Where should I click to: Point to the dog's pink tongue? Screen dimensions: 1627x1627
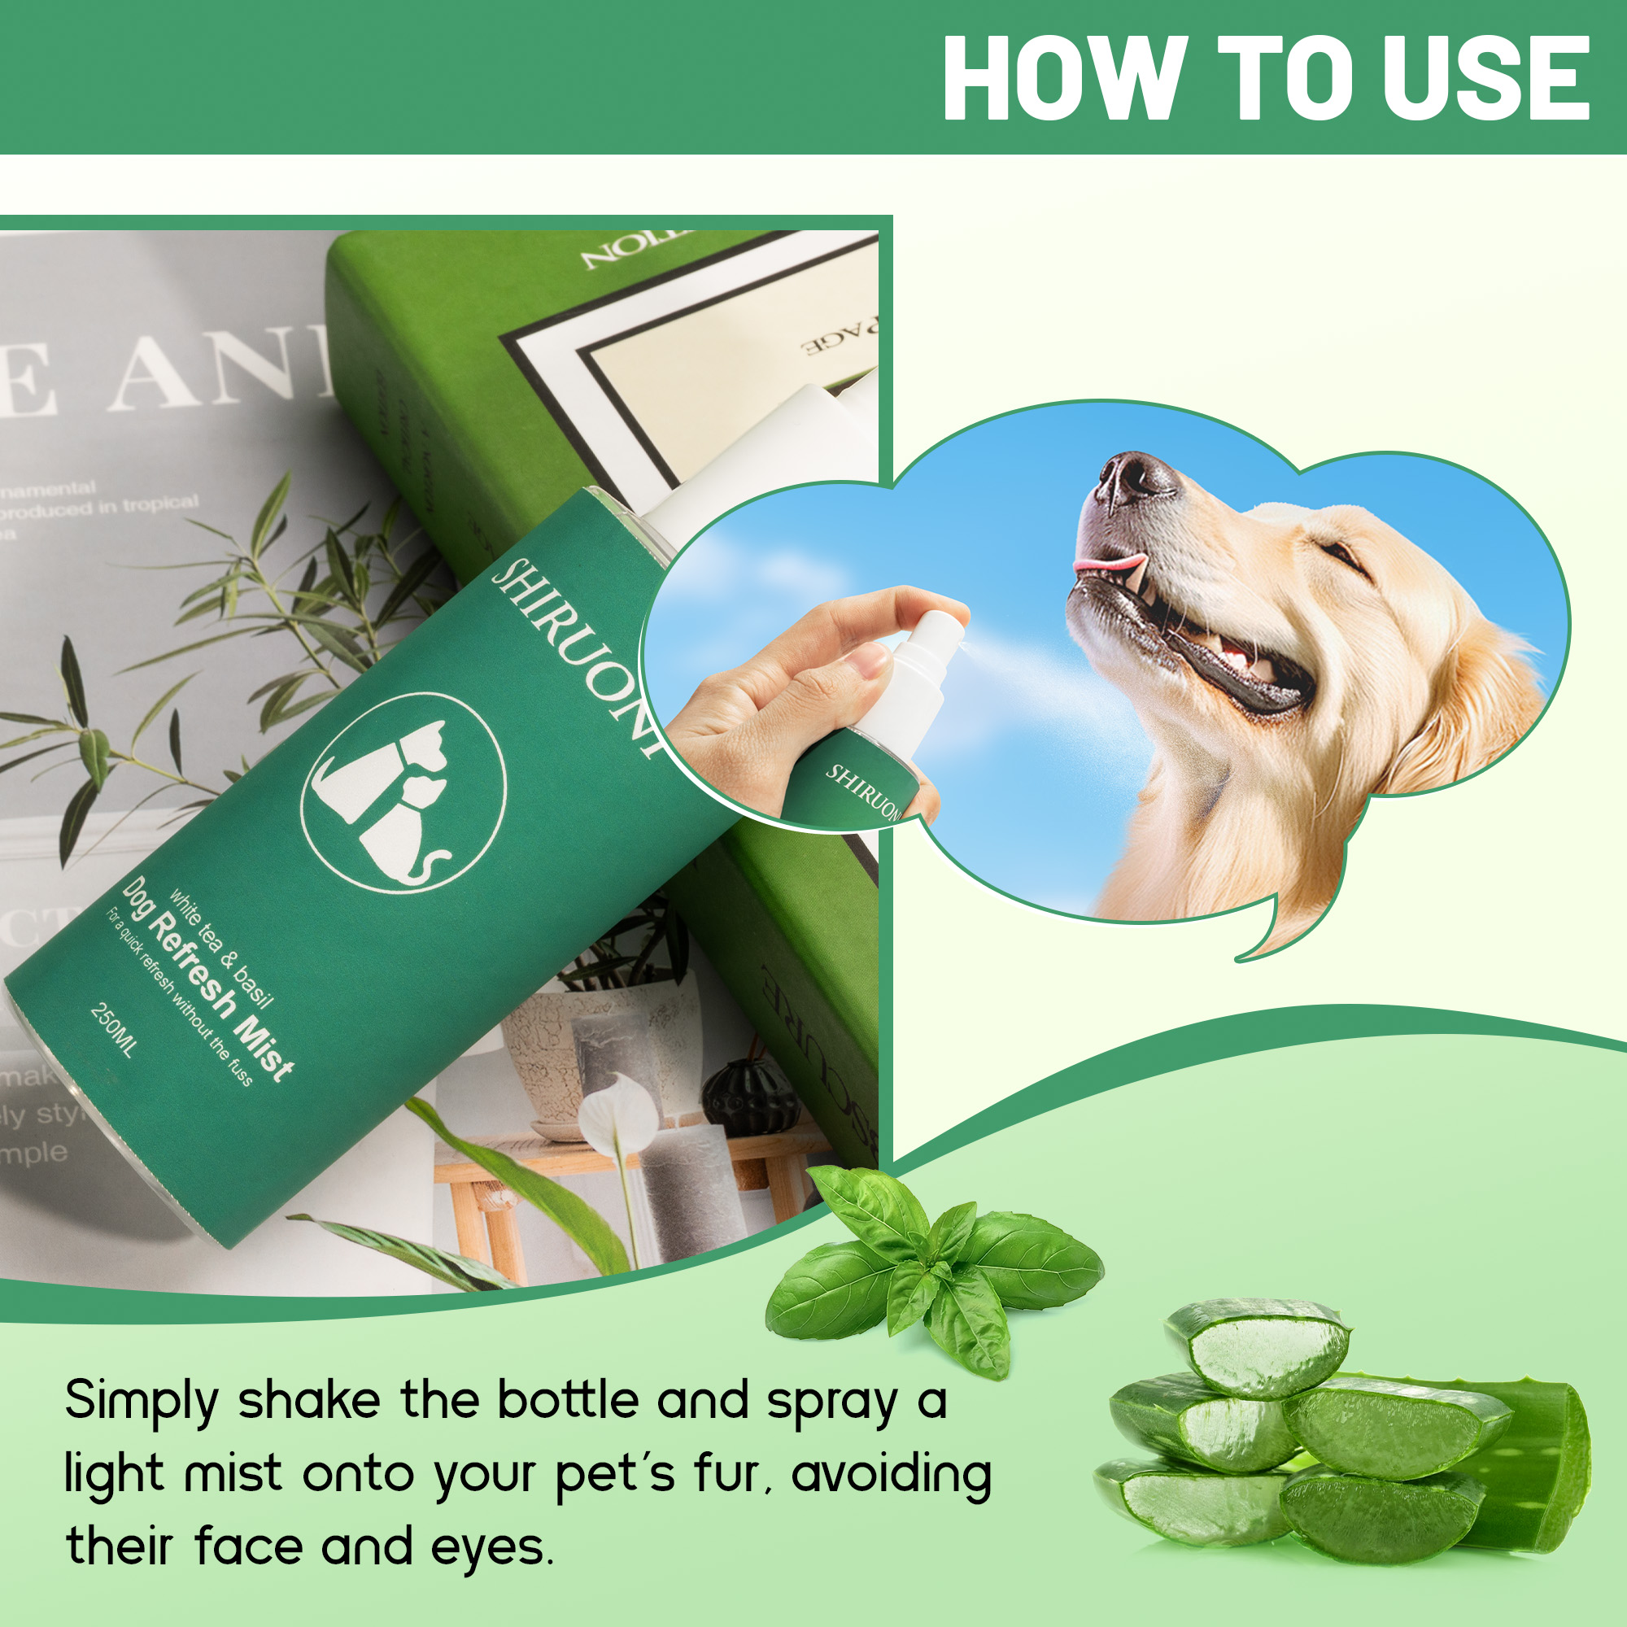(x=1110, y=563)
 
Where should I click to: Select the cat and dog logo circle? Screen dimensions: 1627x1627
(x=403, y=792)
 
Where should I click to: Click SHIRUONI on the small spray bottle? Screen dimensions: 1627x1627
(x=862, y=792)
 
